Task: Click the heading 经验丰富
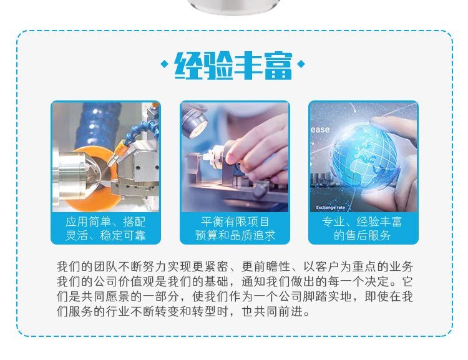point(233,65)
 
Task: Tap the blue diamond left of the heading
point(164,64)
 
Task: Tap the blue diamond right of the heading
point(301,64)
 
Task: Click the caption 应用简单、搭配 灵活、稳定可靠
point(105,228)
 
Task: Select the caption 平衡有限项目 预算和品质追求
point(235,228)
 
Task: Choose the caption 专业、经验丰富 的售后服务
point(362,228)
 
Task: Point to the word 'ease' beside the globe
point(320,130)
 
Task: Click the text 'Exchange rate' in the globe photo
point(330,208)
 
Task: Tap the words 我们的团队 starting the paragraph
point(81,266)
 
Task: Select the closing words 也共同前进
point(273,311)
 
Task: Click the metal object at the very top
point(235,7)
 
